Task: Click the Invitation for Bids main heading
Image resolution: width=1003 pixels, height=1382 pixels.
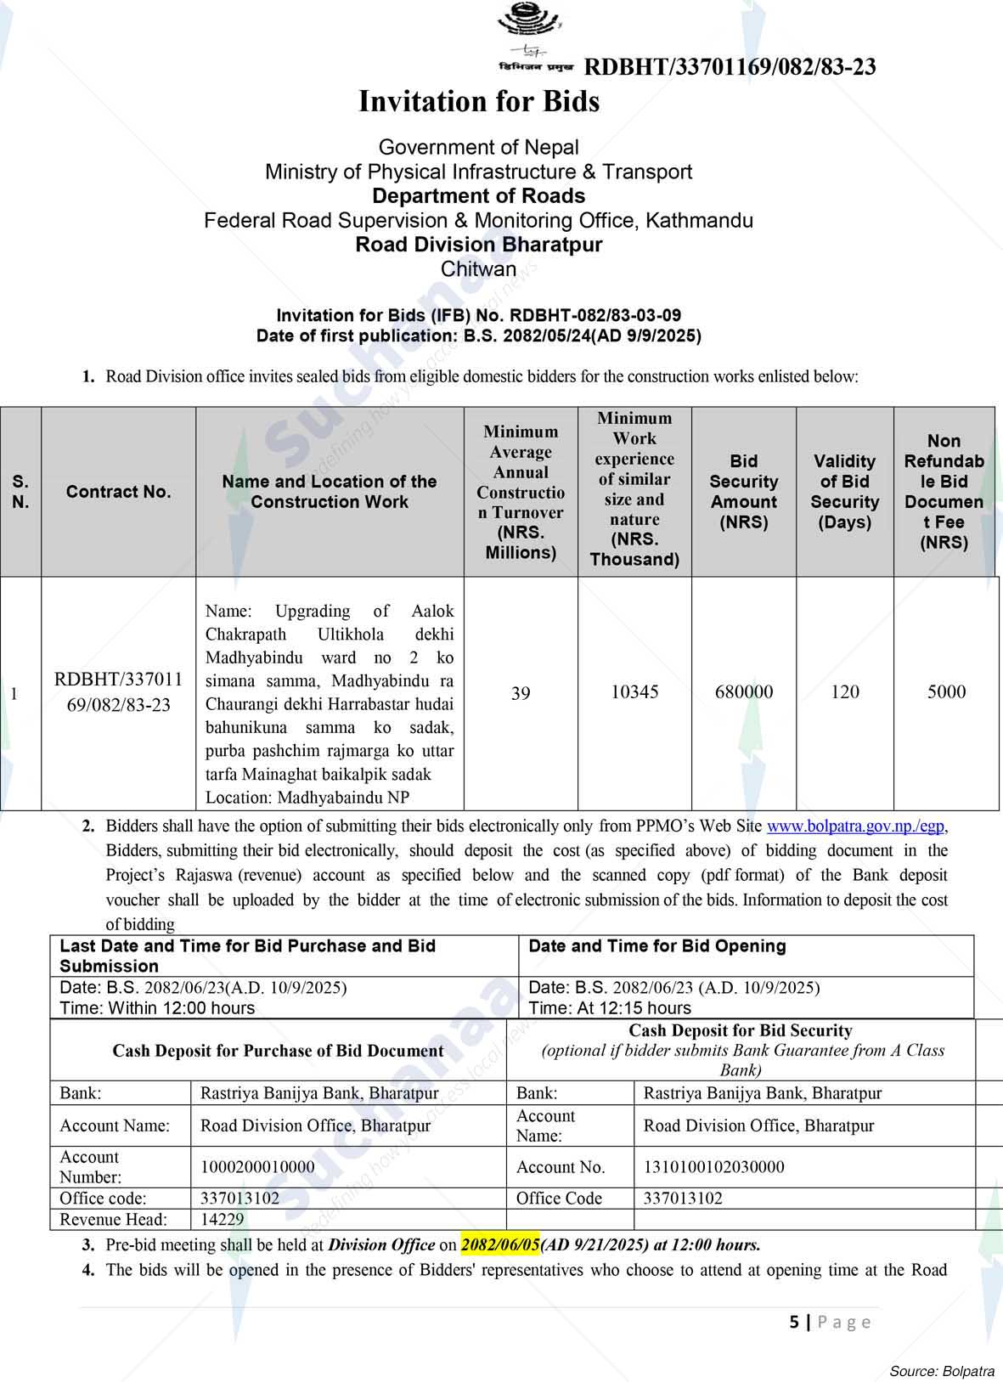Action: coord(479,102)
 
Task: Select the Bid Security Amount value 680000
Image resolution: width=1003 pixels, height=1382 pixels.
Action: coord(744,692)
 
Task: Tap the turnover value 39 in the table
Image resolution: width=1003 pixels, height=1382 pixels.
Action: coord(521,694)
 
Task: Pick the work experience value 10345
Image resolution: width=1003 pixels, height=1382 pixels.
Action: coord(634,692)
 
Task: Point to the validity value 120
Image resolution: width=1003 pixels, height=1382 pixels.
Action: coord(845,692)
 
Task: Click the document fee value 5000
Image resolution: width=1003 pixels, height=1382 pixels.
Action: coord(946,692)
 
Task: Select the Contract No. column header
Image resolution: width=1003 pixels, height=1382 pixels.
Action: coord(118,492)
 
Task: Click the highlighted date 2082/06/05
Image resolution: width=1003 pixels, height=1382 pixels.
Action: coord(500,1245)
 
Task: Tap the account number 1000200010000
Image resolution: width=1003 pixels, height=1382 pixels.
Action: coord(257,1167)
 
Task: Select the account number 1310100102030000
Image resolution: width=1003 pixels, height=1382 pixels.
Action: coord(713,1167)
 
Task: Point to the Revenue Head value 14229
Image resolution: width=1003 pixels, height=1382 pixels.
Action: coord(223,1220)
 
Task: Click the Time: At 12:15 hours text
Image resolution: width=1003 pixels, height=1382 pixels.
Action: coord(610,1008)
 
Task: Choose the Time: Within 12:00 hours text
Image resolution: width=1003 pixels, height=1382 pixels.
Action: coord(157,1008)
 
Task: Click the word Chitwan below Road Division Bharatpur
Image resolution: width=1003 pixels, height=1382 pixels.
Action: coord(478,269)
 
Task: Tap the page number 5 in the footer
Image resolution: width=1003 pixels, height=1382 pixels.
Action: coord(794,1322)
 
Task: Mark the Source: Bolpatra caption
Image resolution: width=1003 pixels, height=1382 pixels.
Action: coord(942,1371)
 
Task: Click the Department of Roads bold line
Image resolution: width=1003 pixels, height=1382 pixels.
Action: coord(478,196)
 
